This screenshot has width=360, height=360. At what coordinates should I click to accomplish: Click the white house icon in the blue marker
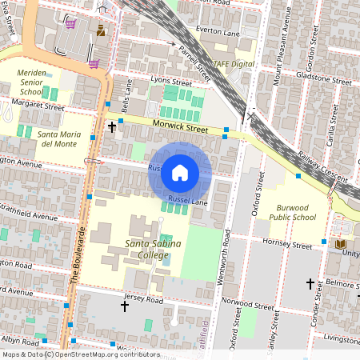[180, 172]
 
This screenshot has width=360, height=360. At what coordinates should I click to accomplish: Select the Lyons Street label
[172, 82]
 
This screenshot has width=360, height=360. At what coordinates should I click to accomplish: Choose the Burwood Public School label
[292, 211]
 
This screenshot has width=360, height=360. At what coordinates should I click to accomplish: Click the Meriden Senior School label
[31, 82]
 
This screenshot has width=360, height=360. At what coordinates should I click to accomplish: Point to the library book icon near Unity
[341, 244]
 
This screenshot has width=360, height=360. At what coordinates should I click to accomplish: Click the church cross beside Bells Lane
[112, 127]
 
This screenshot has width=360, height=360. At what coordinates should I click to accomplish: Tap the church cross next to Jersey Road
[124, 306]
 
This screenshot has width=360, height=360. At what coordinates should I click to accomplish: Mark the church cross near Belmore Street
[310, 283]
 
